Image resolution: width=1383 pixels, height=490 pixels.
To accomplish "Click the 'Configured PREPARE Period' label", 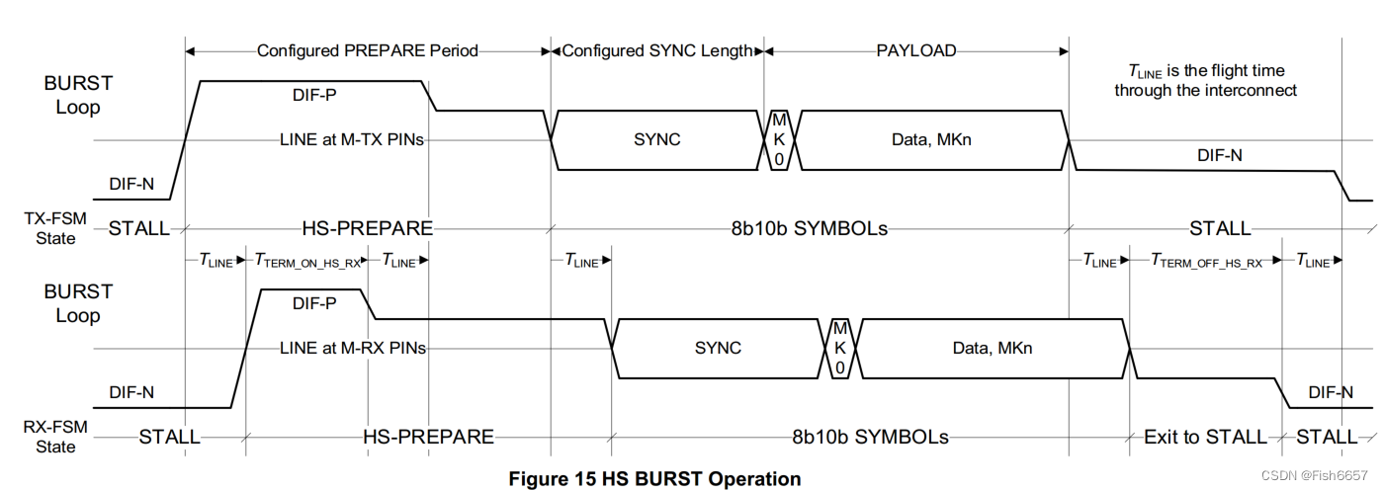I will [367, 50].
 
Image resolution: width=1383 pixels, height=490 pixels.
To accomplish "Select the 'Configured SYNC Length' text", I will [656, 50].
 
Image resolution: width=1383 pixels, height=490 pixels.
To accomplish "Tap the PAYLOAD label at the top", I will [915, 50].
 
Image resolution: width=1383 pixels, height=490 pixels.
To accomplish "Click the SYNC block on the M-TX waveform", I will [656, 139].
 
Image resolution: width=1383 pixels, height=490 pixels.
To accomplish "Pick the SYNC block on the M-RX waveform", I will [717, 348].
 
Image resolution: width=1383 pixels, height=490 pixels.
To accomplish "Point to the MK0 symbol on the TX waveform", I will [778, 139].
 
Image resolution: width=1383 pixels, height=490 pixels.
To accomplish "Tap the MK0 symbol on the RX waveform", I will [839, 348].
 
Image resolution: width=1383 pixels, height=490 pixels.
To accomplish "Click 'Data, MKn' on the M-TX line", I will [931, 139].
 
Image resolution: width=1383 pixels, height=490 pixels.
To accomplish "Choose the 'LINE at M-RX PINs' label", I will [353, 348].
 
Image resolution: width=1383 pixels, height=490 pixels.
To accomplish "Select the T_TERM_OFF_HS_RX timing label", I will [1206, 261].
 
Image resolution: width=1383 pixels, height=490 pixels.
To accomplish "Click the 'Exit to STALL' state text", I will [1204, 437].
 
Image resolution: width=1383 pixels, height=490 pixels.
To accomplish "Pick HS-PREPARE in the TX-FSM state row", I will [367, 228].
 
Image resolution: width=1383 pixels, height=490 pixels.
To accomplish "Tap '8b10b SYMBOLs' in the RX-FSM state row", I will [870, 437].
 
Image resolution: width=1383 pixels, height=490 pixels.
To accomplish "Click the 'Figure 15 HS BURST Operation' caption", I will [654, 479].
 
